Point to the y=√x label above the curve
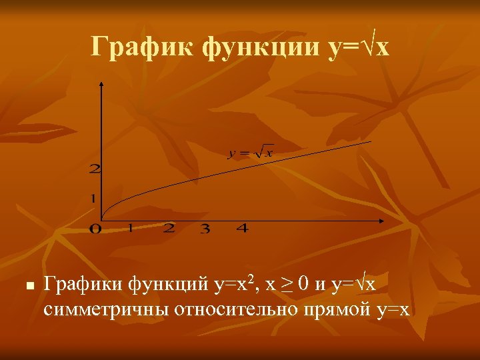coord(250,153)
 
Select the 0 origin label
coord(95,229)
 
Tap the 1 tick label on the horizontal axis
coord(131,229)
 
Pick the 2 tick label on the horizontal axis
coord(169,229)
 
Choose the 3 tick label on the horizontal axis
coord(205,229)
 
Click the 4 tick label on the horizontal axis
coord(242,229)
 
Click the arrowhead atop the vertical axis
coord(101,85)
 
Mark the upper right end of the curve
coord(370,141)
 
